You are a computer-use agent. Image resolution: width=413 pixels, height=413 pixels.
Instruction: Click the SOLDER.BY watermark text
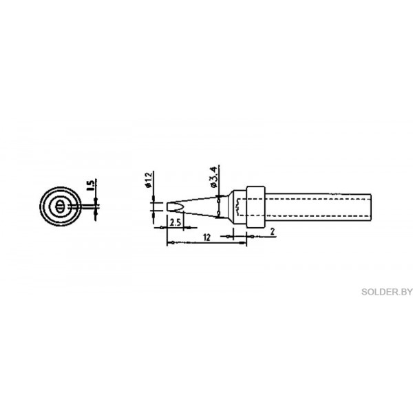[x=387, y=292]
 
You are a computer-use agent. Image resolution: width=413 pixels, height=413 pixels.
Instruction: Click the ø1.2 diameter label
[x=149, y=180]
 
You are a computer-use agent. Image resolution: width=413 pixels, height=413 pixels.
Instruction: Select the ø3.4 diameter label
[x=213, y=178]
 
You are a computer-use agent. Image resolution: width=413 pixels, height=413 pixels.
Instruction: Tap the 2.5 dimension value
[x=175, y=223]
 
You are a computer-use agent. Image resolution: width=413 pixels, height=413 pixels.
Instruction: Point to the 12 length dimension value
[x=207, y=237]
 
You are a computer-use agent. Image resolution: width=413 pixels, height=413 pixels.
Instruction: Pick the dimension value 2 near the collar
[x=273, y=232]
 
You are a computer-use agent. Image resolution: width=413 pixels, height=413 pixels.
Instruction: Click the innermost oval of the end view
[x=60, y=206]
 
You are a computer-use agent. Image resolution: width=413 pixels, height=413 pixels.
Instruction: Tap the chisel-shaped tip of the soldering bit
[x=175, y=206]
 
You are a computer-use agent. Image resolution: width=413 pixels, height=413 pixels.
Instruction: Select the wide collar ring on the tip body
[x=256, y=206]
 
